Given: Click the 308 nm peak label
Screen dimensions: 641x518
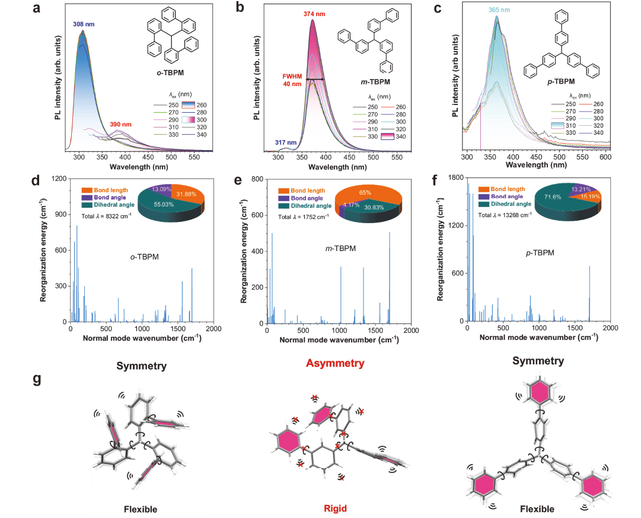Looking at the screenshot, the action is pyautogui.click(x=84, y=24).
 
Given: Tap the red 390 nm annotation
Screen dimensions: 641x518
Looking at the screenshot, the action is pyautogui.click(x=120, y=125).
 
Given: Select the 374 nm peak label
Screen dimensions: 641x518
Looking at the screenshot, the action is pyautogui.click(x=314, y=14).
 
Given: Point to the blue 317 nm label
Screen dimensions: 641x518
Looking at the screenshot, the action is pyautogui.click(x=286, y=142).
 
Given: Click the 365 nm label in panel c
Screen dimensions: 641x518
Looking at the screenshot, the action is pyautogui.click(x=499, y=10).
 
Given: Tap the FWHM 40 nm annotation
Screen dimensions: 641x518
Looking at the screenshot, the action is pyautogui.click(x=292, y=80).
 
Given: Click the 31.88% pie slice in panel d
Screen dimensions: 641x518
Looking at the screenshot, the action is pyautogui.click(x=186, y=195).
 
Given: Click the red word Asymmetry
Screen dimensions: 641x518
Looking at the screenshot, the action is pyautogui.click(x=335, y=363).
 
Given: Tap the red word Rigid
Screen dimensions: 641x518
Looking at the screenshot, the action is pyautogui.click(x=335, y=508).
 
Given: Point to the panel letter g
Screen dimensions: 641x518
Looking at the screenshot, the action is pyautogui.click(x=37, y=379).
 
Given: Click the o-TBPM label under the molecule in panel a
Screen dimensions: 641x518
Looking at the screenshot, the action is pyautogui.click(x=170, y=73).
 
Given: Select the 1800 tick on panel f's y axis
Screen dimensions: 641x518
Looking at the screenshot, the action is pyautogui.click(x=456, y=177).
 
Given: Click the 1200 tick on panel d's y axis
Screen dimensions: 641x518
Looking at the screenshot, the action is pyautogui.click(x=59, y=179).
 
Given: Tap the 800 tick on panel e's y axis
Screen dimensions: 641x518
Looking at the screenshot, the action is pyautogui.click(x=257, y=179).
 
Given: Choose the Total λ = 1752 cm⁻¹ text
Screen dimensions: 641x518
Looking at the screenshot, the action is pyautogui.click(x=304, y=217).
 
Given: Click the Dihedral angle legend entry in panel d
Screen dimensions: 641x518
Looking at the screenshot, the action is pyautogui.click(x=109, y=205).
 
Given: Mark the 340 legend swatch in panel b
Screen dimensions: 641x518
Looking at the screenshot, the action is pyautogui.click(x=388, y=136).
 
